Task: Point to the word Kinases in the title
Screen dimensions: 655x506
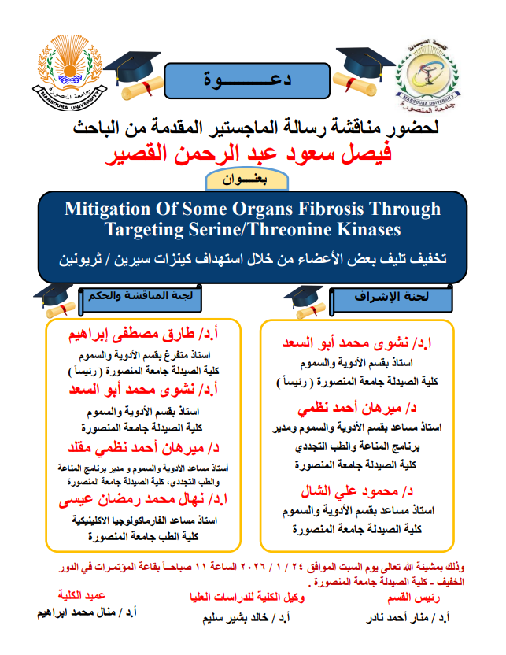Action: [x=362, y=229]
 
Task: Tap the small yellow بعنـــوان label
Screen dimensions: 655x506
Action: [x=250, y=179]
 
